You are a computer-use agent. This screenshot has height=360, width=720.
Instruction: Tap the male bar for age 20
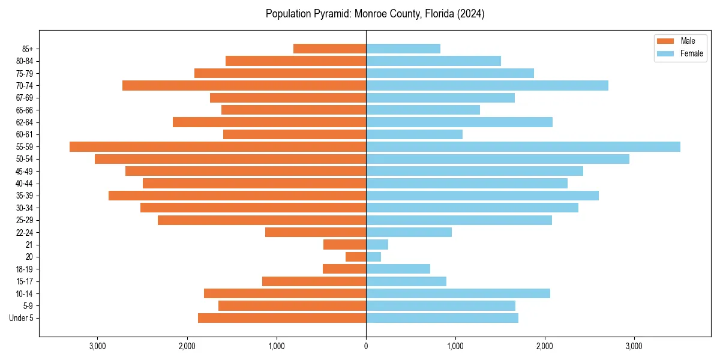tap(356, 257)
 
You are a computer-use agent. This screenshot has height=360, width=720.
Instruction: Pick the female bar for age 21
tap(377, 245)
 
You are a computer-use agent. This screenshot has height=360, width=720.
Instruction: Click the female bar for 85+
tap(403, 49)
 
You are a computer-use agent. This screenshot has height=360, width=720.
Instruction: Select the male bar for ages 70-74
tap(244, 86)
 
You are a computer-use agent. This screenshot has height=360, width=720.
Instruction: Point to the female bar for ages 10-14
tap(458, 293)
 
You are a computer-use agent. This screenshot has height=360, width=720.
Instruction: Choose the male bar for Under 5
tap(282, 318)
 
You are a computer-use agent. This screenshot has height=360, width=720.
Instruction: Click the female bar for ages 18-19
tap(398, 269)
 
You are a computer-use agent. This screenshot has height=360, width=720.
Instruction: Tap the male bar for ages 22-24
tap(316, 232)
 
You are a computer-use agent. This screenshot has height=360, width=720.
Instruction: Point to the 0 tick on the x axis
tap(366, 346)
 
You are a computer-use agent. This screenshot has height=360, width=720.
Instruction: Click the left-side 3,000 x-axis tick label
tap(98, 346)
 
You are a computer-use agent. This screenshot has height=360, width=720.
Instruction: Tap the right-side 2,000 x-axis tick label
tap(545, 346)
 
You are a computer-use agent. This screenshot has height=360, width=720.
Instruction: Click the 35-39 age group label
tap(24, 196)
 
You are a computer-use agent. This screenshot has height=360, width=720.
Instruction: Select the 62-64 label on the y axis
tap(24, 122)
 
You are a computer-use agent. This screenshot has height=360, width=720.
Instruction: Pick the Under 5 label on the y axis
tap(22, 318)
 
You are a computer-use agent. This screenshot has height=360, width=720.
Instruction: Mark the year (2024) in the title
tap(470, 14)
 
